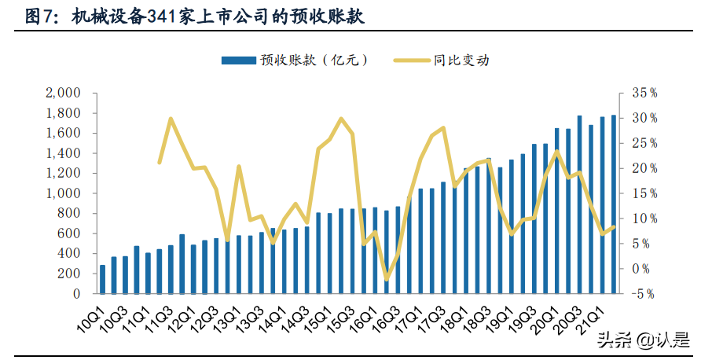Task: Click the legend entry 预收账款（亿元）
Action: point(295,60)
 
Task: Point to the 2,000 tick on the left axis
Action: point(64,93)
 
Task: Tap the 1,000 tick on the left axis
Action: point(64,193)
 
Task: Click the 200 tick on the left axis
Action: point(70,274)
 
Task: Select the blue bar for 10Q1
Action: point(103,280)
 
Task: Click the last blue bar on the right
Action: point(614,204)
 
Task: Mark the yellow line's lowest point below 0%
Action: point(386,279)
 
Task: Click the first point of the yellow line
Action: point(160,163)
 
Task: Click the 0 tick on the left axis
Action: point(76,294)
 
